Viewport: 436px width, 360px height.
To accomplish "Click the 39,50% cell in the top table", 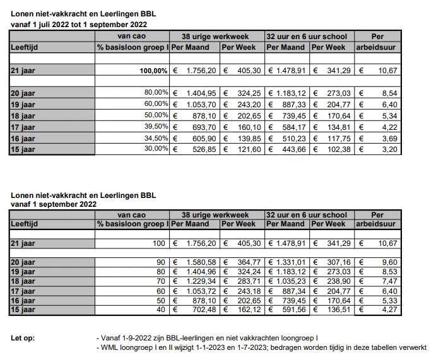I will point(154,127).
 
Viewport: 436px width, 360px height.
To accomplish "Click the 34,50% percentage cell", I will point(154,139).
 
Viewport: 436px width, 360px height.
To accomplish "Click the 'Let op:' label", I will point(23,339).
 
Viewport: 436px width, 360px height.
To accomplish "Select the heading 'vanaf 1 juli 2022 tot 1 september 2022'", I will point(79,25).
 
